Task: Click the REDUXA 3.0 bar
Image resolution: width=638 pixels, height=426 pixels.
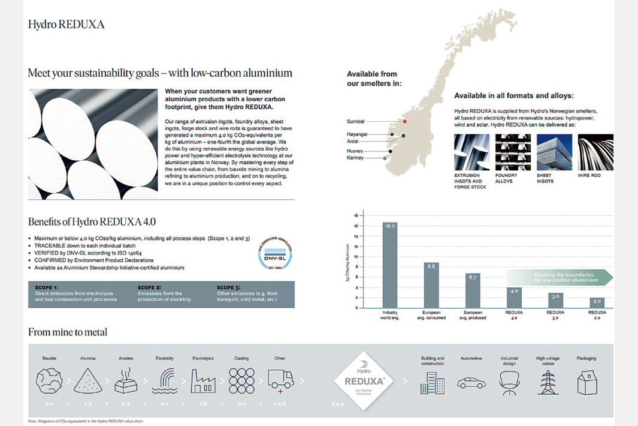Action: [x=555, y=300]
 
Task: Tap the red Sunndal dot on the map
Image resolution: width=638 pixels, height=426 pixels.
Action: [x=406, y=121]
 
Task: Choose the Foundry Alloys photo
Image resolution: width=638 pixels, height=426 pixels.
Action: [x=513, y=152]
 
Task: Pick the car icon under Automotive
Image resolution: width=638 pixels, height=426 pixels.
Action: [x=471, y=383]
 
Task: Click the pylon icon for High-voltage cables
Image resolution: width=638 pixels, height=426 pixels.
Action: [x=548, y=382]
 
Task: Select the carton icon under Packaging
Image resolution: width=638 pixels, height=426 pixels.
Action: [x=586, y=382]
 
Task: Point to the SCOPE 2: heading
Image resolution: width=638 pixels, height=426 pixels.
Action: [x=149, y=287]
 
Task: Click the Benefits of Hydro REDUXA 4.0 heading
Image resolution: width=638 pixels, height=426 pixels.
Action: [x=92, y=221]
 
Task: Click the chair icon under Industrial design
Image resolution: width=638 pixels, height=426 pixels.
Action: [x=510, y=382]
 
